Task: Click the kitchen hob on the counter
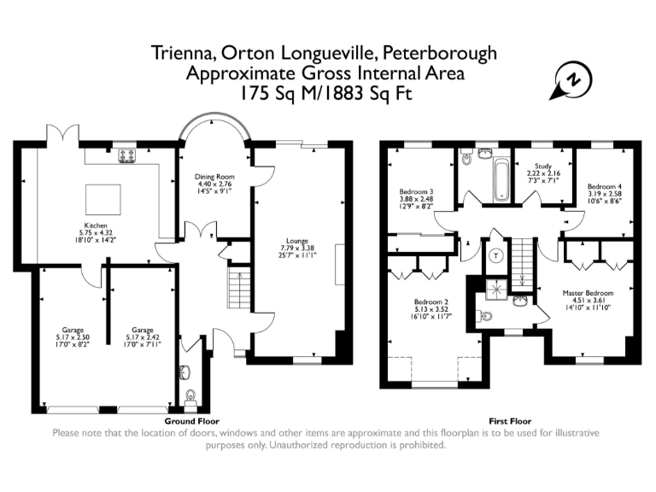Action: (x=128, y=155)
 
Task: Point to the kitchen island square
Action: (x=103, y=200)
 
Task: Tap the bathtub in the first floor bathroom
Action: (x=501, y=179)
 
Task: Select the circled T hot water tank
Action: (x=496, y=255)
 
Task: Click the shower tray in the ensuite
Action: (x=496, y=289)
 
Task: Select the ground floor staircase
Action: (x=239, y=288)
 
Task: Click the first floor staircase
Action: (x=521, y=265)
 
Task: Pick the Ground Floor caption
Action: (x=191, y=421)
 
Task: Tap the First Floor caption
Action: (x=510, y=421)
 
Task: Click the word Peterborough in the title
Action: (x=440, y=54)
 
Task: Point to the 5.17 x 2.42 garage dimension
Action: (x=143, y=337)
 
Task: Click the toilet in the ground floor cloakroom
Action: (x=190, y=396)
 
